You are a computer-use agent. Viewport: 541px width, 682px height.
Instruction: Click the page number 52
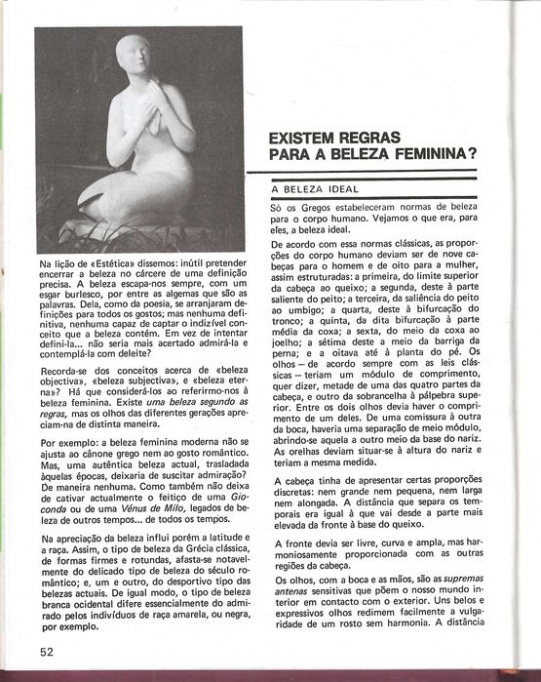coord(46,651)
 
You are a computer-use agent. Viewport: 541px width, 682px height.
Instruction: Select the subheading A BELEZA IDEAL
coord(316,188)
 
